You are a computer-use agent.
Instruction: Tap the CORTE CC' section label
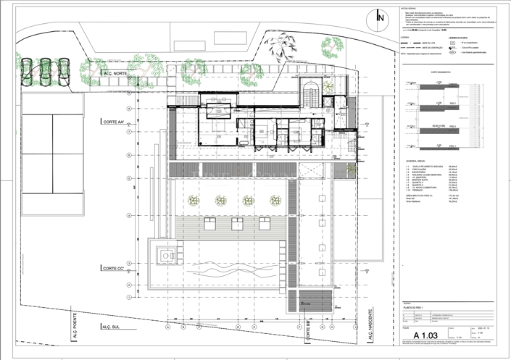[x=115, y=269]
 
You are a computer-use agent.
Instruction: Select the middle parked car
[x=46, y=70]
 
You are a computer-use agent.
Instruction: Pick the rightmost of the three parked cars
[x=63, y=70]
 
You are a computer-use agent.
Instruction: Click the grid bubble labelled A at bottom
[x=168, y=327]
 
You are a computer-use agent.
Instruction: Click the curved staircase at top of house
[x=312, y=90]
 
